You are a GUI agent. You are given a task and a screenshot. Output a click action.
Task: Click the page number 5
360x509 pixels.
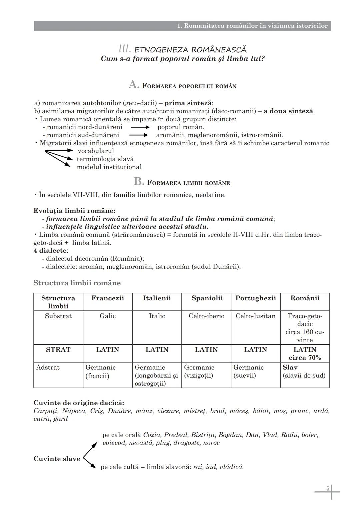pyautogui.click(x=328, y=489)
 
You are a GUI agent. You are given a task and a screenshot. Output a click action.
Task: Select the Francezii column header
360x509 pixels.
pyautogui.click(x=108, y=298)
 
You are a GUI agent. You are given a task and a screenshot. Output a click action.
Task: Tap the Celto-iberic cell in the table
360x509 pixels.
pyautogui.click(x=206, y=316)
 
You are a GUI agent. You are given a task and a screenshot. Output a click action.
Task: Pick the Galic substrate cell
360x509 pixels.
pyautogui.click(x=108, y=316)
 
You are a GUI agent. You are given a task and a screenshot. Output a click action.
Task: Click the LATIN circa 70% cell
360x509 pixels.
pyautogui.click(x=305, y=353)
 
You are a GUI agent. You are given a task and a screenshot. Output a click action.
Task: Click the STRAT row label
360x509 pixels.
pyautogui.click(x=58, y=350)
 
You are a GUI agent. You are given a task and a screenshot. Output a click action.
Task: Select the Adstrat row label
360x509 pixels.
pyautogui.click(x=48, y=367)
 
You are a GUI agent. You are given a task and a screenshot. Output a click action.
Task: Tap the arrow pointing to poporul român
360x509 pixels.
pyautogui.click(x=140, y=127)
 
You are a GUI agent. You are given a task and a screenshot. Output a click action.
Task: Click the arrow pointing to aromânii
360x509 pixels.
pyautogui.click(x=138, y=135)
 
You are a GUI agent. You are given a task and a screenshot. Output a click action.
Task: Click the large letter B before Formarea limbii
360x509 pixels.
pyautogui.click(x=138, y=182)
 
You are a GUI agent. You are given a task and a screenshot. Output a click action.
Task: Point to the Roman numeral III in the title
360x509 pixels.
pyautogui.click(x=125, y=49)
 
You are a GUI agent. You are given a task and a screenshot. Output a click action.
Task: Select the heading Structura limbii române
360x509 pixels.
pyautogui.click(x=77, y=283)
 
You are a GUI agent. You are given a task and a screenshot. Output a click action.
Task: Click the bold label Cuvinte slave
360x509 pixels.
pyautogui.click(x=57, y=459)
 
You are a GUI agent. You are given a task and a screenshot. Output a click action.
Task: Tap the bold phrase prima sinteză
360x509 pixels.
pyautogui.click(x=188, y=103)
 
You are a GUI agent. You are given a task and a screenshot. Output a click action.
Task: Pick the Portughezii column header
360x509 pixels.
pyautogui.click(x=256, y=298)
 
